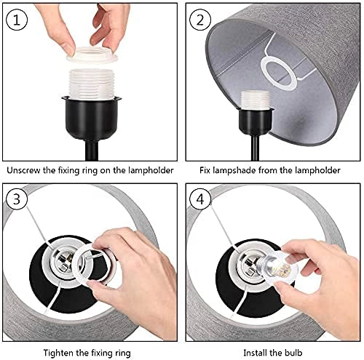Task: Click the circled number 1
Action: [x=17, y=20]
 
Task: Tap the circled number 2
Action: [x=200, y=20]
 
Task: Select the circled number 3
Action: [x=17, y=199]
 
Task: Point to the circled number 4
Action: [x=200, y=199]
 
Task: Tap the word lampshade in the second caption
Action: [x=234, y=170]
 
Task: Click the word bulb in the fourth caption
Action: [x=293, y=353]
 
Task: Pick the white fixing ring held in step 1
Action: [x=92, y=55]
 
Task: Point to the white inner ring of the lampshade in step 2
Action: [x=279, y=73]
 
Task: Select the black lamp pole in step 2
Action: [x=255, y=148]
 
